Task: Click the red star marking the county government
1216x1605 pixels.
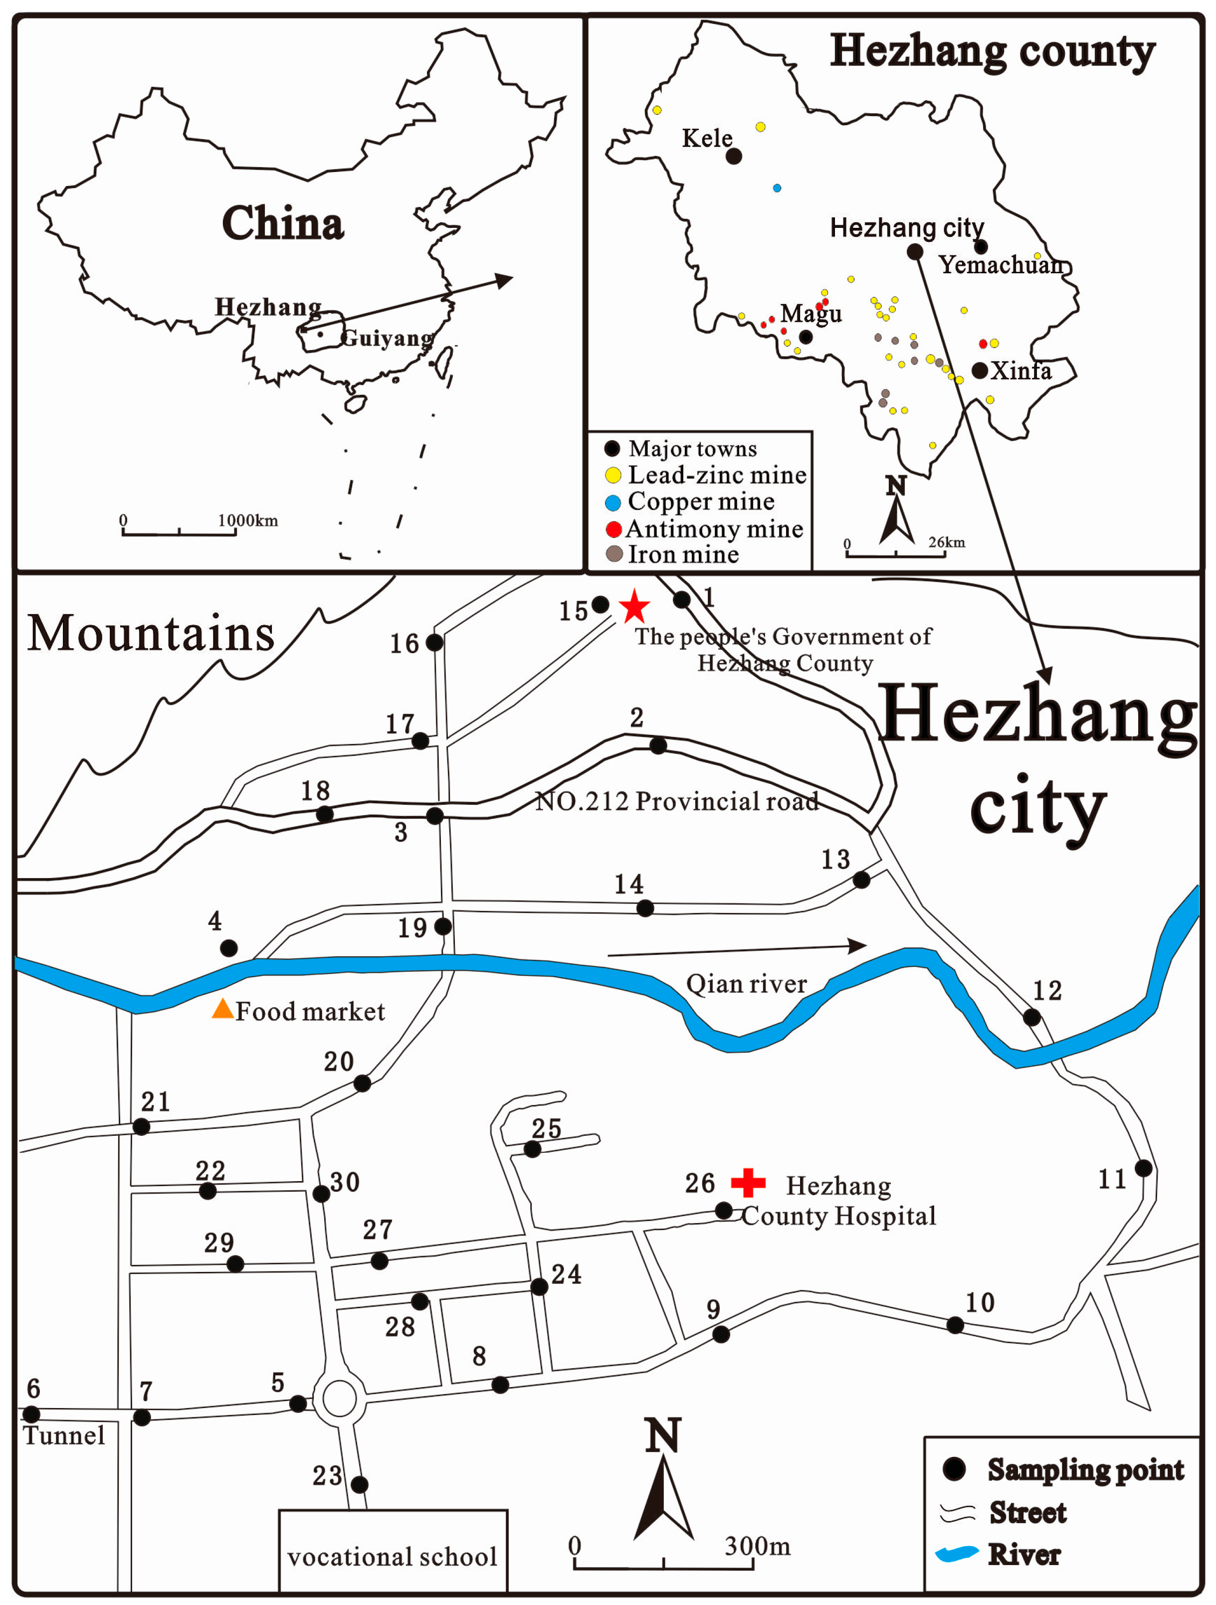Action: click(x=634, y=606)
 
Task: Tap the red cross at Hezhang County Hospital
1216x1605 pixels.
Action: click(x=748, y=1182)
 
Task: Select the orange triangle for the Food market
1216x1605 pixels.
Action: click(x=222, y=1009)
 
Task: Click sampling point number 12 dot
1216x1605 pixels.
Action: click(x=1031, y=1017)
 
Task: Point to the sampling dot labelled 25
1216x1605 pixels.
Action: click(x=532, y=1149)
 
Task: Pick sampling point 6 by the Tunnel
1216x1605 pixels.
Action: click(x=31, y=1414)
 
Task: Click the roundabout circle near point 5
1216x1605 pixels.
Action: click(x=339, y=1398)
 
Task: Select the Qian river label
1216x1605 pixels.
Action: click(x=746, y=984)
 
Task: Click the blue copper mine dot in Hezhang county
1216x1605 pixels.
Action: click(x=777, y=188)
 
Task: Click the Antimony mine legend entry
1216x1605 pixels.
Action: click(x=704, y=529)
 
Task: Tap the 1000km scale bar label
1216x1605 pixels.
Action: click(x=247, y=520)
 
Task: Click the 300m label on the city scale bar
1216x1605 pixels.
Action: click(x=757, y=1546)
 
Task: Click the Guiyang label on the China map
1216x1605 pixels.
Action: click(x=387, y=338)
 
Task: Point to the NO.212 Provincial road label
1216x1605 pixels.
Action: click(x=677, y=801)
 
